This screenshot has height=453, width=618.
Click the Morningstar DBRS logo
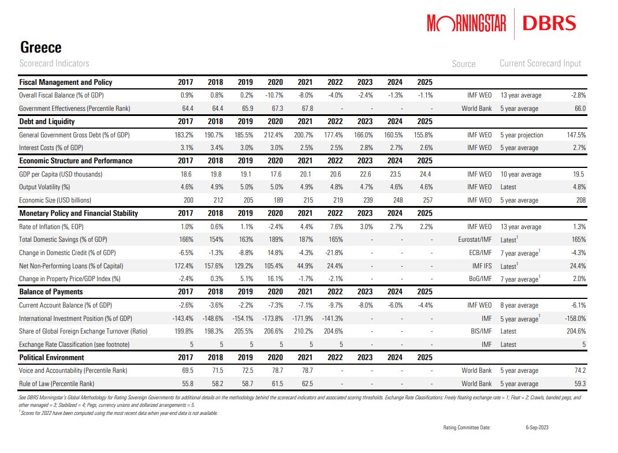pos(501,23)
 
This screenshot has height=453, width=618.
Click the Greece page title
pos(40,47)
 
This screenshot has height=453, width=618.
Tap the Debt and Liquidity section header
pos(47,122)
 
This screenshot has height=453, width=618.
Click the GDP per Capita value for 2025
pos(425,174)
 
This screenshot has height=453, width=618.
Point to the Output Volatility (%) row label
pos(44,187)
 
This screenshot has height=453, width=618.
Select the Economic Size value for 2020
pos(276,200)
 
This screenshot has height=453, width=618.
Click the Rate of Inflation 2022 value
pos(336,227)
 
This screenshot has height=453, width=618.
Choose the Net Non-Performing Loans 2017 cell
pos(183,266)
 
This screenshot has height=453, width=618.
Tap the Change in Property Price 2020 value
pos(274,279)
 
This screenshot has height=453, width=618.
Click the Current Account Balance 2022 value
pos(336,305)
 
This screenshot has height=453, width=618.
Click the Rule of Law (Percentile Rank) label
pos(56,384)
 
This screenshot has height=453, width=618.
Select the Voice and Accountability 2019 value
pos(245,370)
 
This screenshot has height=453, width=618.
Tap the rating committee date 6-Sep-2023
pos(538,428)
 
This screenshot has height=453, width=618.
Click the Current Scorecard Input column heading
pos(540,63)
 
